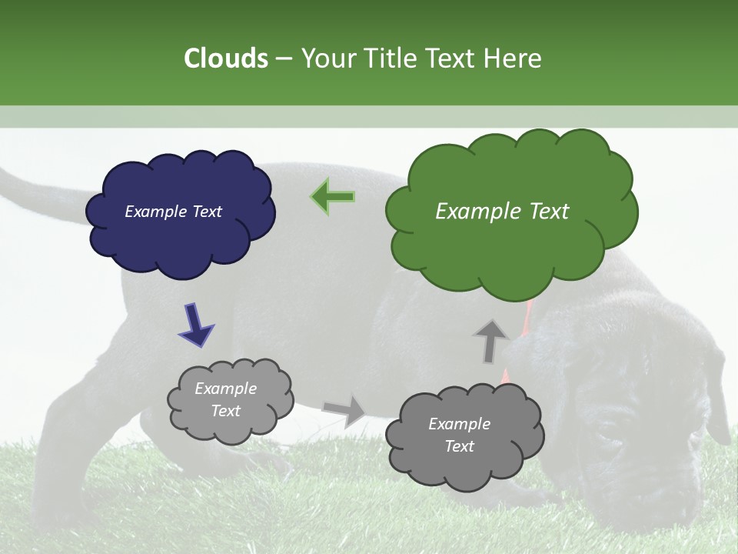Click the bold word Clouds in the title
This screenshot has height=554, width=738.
pyautogui.click(x=225, y=58)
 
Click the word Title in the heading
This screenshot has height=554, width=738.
pyautogui.click(x=389, y=58)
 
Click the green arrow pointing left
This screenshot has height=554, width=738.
pyautogui.click(x=333, y=197)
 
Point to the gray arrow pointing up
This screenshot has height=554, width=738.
pyautogui.click(x=490, y=340)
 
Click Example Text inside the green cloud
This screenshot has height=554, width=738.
pyautogui.click(x=502, y=212)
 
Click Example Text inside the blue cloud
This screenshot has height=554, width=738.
pyautogui.click(x=173, y=212)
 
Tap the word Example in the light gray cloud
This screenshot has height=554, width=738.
pyautogui.click(x=225, y=389)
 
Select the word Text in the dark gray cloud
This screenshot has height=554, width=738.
pyautogui.click(x=459, y=446)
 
